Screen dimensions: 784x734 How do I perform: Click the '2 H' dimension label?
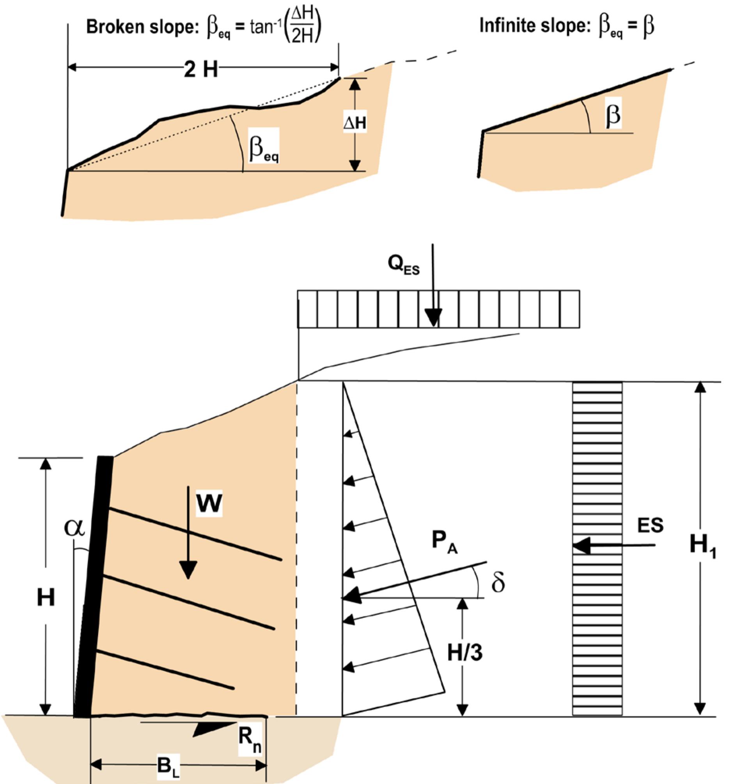pos(200,69)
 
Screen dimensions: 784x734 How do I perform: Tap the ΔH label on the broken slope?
pos(355,124)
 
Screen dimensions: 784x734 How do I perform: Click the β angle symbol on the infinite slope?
pos(613,116)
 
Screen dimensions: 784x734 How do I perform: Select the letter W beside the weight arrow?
pos(209,504)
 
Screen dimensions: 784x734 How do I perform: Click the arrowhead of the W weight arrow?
pos(188,571)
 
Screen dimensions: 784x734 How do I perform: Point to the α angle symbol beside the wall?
pos(74,527)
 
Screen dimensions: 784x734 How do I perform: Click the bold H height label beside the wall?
pos(46,598)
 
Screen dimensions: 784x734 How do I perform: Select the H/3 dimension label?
pos(465,653)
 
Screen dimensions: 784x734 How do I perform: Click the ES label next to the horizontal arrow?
pos(650,525)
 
